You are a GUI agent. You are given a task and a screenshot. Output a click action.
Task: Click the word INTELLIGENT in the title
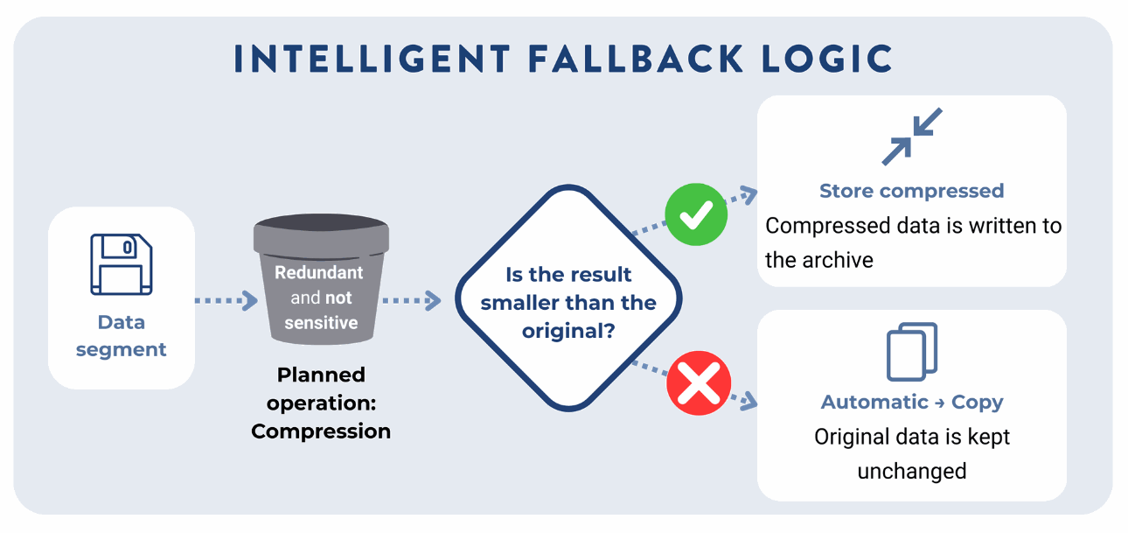pos(373,59)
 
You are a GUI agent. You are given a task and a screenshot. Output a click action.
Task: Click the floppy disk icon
pos(121,263)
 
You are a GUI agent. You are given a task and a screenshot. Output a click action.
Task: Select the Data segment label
pos(121,336)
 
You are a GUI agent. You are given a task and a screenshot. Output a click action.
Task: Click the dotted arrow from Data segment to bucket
pos(224,301)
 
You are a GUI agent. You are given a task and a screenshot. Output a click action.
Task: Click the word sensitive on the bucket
pos(321,323)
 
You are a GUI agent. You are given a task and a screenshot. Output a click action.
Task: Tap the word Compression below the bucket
pos(321,431)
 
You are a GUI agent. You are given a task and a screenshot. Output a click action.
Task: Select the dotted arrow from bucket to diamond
pos(411,301)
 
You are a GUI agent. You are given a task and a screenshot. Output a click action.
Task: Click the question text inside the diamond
pos(568,303)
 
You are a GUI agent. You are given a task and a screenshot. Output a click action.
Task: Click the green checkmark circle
pos(696,214)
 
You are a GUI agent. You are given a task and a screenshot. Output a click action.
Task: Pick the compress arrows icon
pos(911,137)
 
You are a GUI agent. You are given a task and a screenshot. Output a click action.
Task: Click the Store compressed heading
pos(911,191)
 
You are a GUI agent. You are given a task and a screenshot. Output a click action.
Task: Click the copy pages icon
pos(911,352)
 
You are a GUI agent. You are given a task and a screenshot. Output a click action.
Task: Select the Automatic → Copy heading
pos(911,403)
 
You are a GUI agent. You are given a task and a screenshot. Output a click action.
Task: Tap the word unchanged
pos(911,472)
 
